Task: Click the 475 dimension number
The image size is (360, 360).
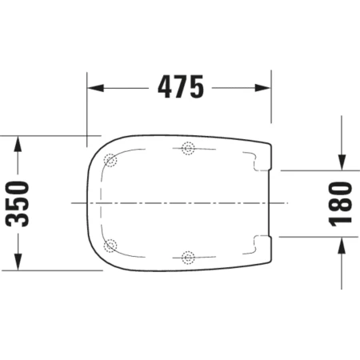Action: tap(181, 86)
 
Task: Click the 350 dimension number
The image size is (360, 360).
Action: tap(17, 204)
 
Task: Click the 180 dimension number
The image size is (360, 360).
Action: tap(341, 204)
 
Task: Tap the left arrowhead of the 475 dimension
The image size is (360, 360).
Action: tap(96, 88)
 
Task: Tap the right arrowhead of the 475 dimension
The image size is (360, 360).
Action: tap(262, 88)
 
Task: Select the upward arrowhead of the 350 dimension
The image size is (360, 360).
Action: tap(18, 144)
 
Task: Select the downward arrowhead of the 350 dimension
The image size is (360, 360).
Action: tap(18, 262)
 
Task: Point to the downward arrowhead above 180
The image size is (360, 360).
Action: tap(342, 162)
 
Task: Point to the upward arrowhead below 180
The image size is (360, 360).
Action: tap(342, 245)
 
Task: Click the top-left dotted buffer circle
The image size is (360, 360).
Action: tap(110, 160)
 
